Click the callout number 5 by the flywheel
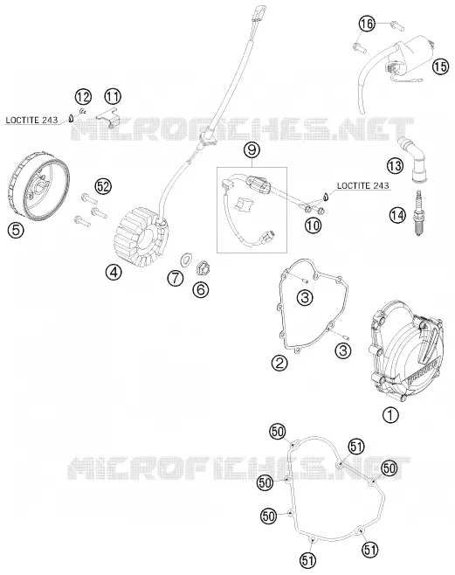[17, 230]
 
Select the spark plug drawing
[418, 213]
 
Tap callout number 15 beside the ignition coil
[440, 66]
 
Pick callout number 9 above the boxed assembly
[252, 149]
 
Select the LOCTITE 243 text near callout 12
[31, 120]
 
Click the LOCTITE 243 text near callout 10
[362, 185]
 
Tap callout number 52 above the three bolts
[103, 186]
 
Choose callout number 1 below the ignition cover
[390, 415]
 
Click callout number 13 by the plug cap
[395, 166]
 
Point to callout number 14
[398, 215]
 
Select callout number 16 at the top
[367, 24]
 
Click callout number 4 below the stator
[114, 272]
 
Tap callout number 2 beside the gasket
[279, 363]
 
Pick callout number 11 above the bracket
[113, 96]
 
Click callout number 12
[83, 97]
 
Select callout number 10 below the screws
[313, 225]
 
